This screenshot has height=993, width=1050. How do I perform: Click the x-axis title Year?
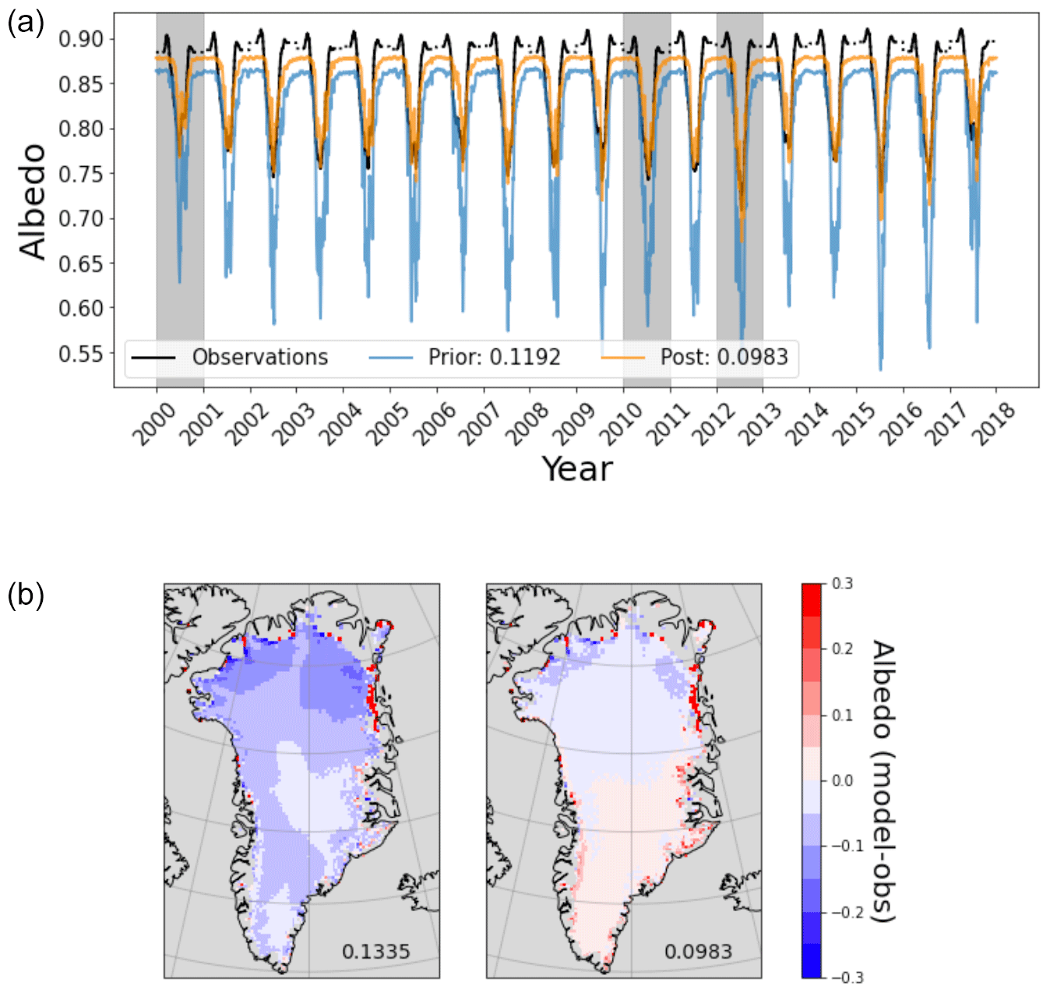click(577, 469)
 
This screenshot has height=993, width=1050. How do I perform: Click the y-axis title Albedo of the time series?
click(33, 201)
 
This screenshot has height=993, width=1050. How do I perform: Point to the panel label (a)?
click(25, 23)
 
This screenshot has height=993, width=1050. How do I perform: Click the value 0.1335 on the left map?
click(375, 951)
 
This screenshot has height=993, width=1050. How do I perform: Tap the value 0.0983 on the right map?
click(698, 951)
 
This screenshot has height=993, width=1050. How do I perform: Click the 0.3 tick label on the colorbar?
click(842, 584)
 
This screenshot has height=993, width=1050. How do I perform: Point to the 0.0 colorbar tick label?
click(842, 780)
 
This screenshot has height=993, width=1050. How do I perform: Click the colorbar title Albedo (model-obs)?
click(882, 781)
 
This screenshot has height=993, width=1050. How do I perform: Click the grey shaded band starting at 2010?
click(647, 234)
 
